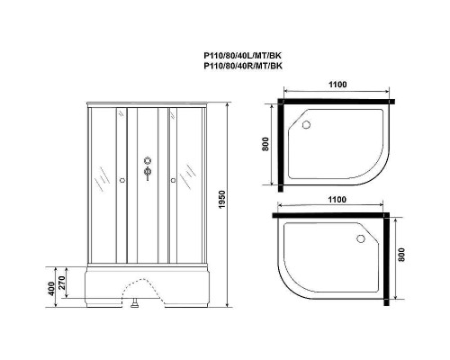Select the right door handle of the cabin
(x=168, y=179)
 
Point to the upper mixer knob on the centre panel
(x=146, y=162)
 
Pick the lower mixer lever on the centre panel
(x=146, y=175)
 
